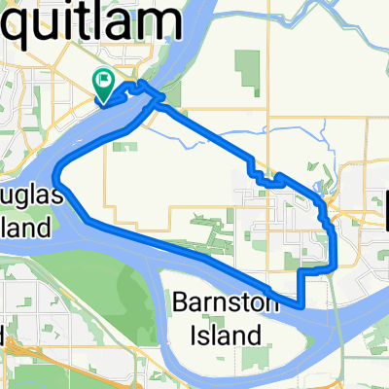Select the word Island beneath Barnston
point(226,336)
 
